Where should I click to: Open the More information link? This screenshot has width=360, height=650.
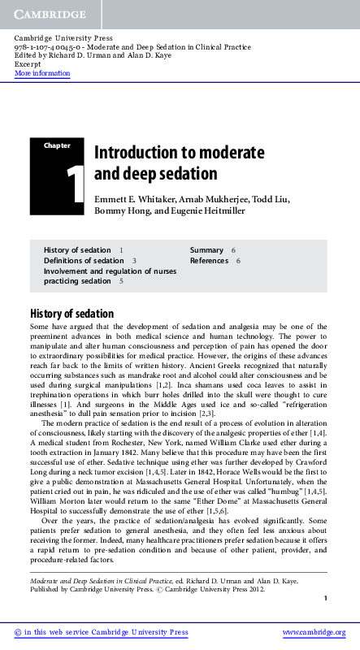42,73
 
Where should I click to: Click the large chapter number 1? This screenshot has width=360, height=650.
76,184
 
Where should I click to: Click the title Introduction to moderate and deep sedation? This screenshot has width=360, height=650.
160,162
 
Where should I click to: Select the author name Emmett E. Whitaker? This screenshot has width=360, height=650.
132,199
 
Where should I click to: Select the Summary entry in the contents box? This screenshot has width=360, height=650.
206,249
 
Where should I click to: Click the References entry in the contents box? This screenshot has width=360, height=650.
209,260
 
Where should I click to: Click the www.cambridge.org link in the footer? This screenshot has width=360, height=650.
314,632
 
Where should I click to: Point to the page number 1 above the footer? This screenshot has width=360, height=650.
325,598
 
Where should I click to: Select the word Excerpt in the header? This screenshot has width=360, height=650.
28,64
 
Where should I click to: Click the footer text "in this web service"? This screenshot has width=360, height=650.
61,632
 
